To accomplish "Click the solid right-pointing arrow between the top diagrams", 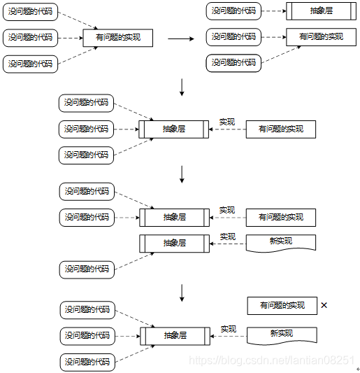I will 180,38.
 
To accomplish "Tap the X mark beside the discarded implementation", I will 324,305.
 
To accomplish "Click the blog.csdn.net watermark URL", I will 273,360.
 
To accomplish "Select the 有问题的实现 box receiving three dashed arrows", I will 117,37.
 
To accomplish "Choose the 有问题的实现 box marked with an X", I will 282,305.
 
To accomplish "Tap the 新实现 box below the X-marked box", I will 282,334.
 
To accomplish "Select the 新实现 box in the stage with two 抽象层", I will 281,242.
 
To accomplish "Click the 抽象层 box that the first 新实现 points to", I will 174,243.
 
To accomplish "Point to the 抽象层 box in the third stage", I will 173,129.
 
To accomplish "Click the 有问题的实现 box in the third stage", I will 280,129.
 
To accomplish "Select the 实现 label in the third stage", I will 226,122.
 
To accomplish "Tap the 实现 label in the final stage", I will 228,328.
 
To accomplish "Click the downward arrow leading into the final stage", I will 182,292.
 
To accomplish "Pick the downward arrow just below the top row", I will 182,87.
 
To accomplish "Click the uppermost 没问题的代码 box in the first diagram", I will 30,12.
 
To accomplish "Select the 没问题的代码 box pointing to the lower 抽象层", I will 87,269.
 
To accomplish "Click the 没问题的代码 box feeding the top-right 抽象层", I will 233,11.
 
